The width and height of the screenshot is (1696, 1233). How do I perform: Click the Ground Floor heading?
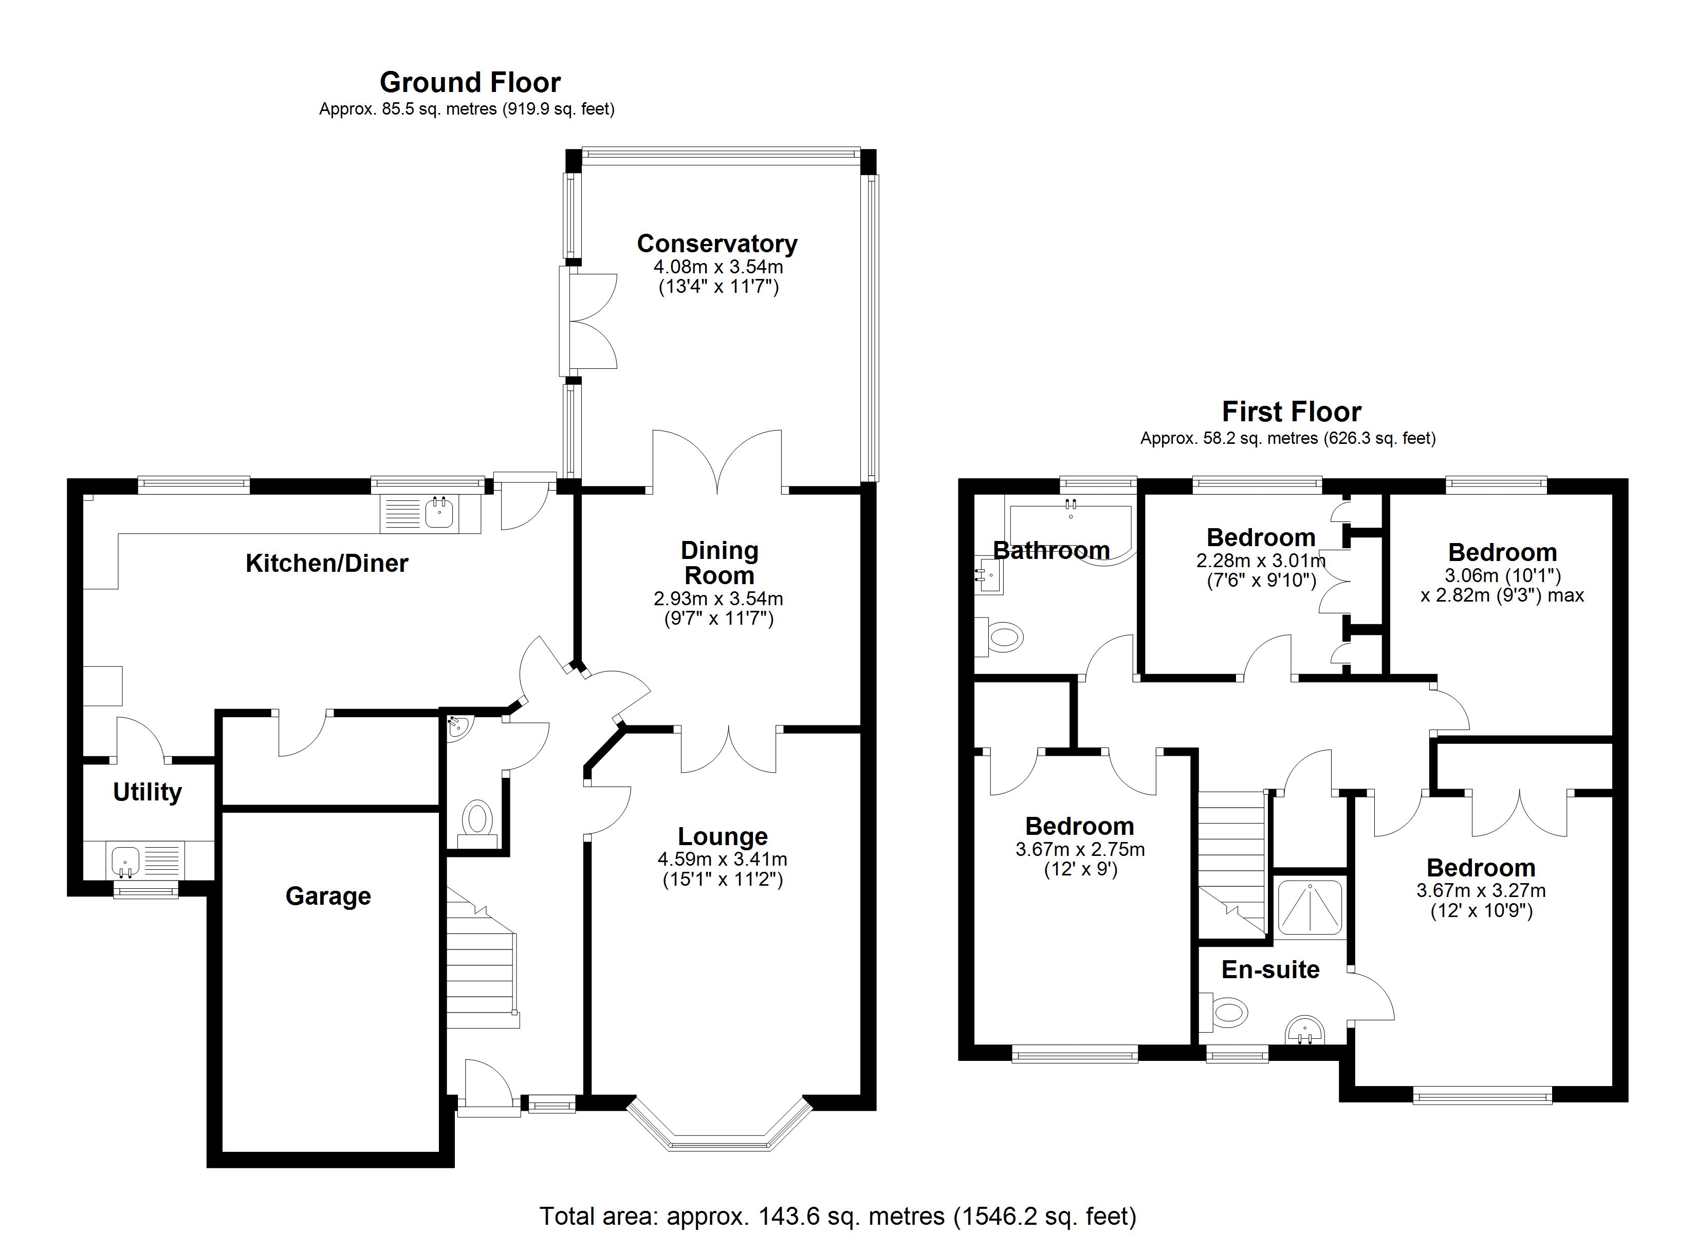click(x=470, y=82)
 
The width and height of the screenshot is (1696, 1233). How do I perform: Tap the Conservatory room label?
click(x=717, y=244)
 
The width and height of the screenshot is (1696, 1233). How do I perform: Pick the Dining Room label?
click(x=720, y=563)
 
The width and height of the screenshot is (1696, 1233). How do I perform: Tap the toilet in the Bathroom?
click(x=1002, y=638)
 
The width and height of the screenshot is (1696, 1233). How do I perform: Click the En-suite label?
click(x=1270, y=970)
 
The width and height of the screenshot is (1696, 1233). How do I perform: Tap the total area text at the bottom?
click(x=838, y=1217)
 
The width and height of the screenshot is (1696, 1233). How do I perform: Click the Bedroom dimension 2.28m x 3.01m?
click(x=1261, y=560)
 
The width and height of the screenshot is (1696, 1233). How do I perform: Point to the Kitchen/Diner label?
click(x=327, y=563)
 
